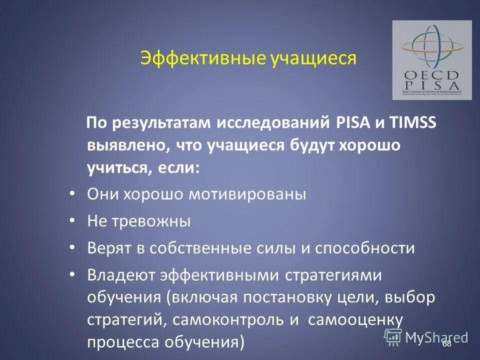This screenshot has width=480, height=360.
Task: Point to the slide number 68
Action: tap(446, 344)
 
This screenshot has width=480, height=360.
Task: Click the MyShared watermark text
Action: tap(436, 337)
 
